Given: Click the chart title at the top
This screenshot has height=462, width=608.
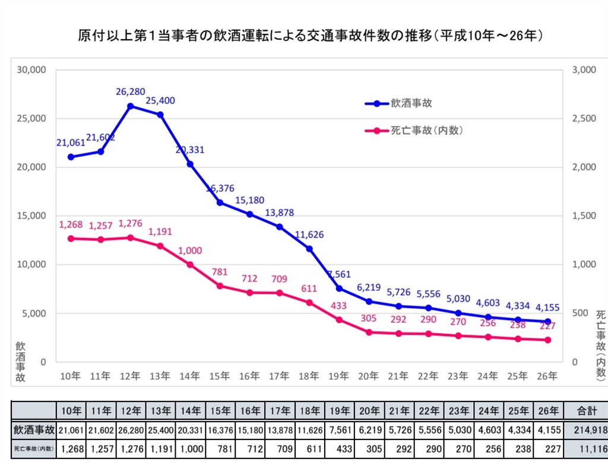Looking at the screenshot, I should tap(311, 36).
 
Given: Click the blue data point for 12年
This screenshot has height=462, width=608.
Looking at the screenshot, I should tap(130, 106).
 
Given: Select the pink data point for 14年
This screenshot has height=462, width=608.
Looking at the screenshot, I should tap(190, 264).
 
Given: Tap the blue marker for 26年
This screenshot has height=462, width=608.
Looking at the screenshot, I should tap(547, 321).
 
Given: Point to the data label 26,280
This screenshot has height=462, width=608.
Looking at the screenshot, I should tap(130, 92).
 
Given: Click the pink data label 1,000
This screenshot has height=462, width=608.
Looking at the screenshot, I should tap(190, 251).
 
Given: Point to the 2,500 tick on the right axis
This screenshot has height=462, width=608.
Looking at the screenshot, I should tap(584, 118).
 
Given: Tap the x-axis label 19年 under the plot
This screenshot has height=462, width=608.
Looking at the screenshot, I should tap(339, 375).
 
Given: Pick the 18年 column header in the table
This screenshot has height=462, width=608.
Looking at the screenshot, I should tap(309, 410).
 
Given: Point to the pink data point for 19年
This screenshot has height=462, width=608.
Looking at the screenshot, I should tap(339, 319).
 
